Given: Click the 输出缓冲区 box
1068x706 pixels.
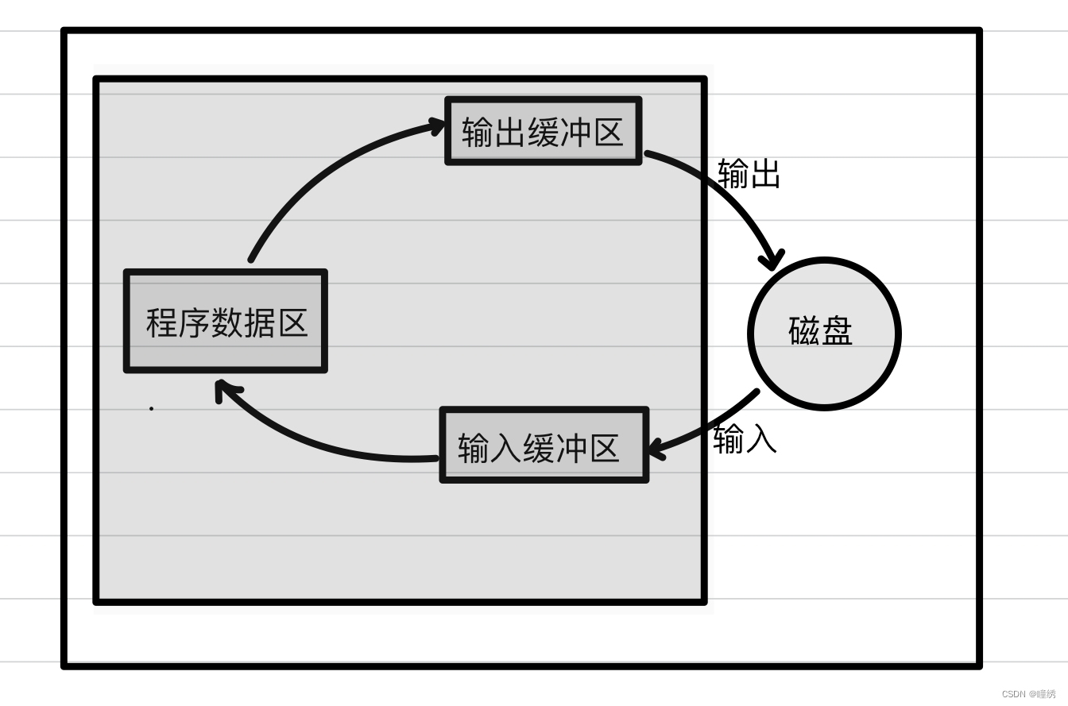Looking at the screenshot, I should pyautogui.click(x=543, y=131).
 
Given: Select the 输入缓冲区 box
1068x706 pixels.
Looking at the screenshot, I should pyautogui.click(x=544, y=446).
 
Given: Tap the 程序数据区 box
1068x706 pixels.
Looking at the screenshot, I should pyautogui.click(x=226, y=322).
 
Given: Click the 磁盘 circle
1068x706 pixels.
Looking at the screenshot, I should pyautogui.click(x=824, y=334).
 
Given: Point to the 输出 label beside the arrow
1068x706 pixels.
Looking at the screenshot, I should pyautogui.click(x=749, y=173).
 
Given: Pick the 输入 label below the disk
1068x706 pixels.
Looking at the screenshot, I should pyautogui.click(x=745, y=438).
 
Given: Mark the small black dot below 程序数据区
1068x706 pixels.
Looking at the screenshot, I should pyautogui.click(x=151, y=409).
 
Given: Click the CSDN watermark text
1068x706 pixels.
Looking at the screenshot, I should pyautogui.click(x=1028, y=693).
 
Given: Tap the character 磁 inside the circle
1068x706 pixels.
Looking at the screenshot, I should pyautogui.click(x=804, y=331).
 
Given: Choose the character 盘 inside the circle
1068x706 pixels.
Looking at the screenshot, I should pyautogui.click(x=837, y=331).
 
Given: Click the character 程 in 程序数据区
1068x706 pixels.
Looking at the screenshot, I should pyautogui.click(x=162, y=323).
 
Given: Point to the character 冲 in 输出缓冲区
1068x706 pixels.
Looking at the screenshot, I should pyautogui.click(x=575, y=132).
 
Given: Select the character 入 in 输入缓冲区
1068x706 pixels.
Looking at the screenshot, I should pyautogui.click(x=505, y=449).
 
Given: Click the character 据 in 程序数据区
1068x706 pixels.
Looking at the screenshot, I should pyautogui.click(x=259, y=323).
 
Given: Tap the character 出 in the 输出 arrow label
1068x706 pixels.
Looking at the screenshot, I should pyautogui.click(x=764, y=173).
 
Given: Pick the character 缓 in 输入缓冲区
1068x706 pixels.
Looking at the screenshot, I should pyautogui.click(x=538, y=449).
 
